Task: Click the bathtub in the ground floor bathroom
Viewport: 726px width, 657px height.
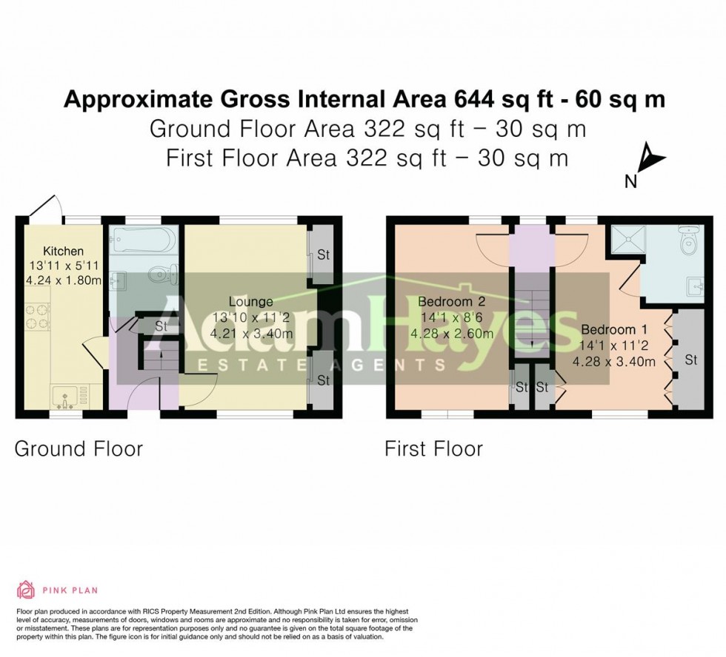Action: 144,240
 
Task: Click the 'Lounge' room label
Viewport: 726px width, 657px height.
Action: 250,302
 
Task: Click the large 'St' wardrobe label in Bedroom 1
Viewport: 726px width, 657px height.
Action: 690,360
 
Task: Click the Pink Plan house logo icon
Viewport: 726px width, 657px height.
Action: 26,590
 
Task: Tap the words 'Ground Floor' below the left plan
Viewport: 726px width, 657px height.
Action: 79,448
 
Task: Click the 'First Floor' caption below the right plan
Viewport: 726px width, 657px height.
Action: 433,448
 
